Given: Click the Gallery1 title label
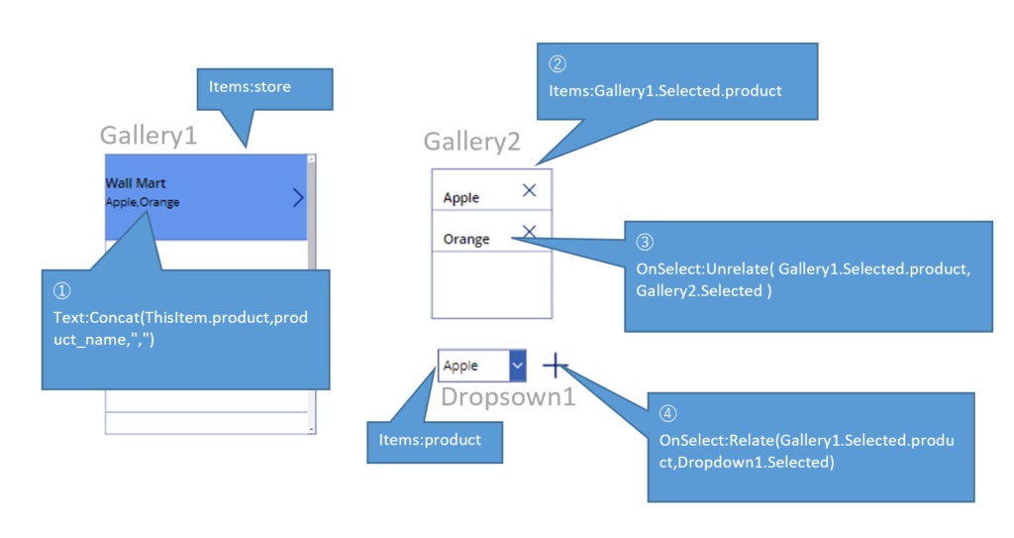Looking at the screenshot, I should click(149, 136).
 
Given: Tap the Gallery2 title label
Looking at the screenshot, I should click(472, 142).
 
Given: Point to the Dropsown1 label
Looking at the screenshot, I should click(508, 396).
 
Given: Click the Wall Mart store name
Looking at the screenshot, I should click(136, 183).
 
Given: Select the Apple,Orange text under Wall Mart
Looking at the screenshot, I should click(143, 202).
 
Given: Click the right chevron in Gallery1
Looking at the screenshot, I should click(298, 198).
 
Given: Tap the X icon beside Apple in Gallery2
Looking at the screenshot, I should click(530, 190).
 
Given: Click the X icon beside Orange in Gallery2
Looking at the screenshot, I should click(530, 232).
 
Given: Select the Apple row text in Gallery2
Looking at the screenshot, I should click(461, 198).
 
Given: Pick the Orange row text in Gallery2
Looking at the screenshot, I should click(466, 239).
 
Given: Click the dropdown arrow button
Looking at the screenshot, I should click(517, 366).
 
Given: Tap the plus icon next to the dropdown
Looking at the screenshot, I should click(556, 366).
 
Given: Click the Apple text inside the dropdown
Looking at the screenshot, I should click(460, 366).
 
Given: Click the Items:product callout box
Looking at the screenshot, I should click(435, 440).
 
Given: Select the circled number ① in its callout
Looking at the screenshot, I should click(62, 291).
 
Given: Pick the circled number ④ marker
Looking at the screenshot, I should click(668, 412).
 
